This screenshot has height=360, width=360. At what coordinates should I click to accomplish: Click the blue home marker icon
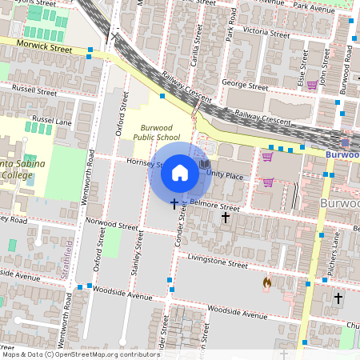pos(180,172)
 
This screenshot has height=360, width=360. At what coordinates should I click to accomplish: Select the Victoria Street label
pos(267,33)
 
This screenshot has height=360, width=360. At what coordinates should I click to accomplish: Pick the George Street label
pos(245,85)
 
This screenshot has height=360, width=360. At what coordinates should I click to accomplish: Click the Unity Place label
pos(224,174)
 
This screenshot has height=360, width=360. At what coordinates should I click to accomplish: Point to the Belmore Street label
pos(216,205)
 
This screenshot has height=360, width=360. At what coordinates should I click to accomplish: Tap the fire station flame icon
pos(267,282)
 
